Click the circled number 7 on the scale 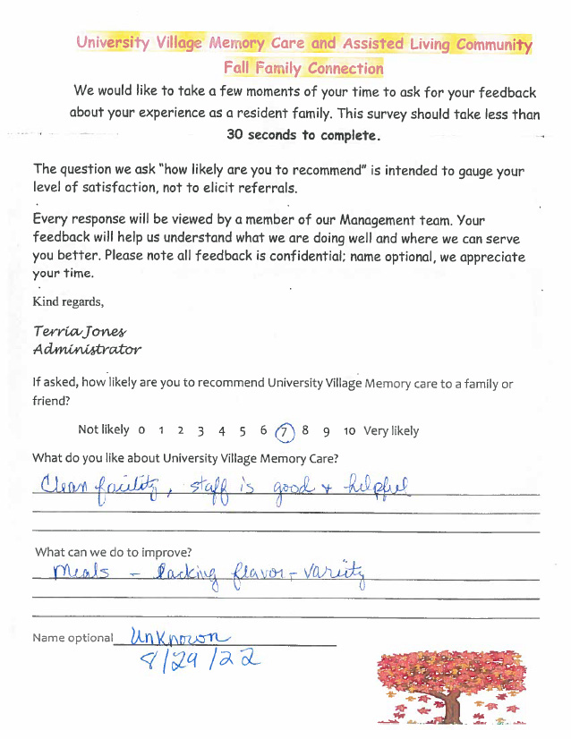(285, 430)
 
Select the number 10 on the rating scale (349, 431)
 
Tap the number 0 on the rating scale (141, 431)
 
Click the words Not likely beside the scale (103, 430)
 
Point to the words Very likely (391, 431)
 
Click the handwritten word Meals (81, 572)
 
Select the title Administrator (87, 349)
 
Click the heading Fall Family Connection (303, 68)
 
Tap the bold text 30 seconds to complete (303, 135)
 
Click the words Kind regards (67, 301)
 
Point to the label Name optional (72, 638)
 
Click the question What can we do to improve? (113, 552)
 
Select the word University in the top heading (112, 43)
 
